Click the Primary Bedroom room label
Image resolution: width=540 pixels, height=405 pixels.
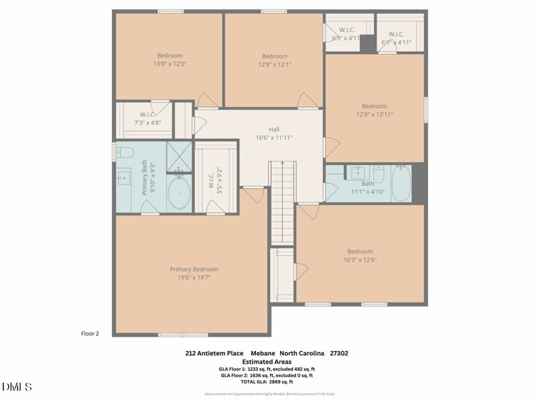194,273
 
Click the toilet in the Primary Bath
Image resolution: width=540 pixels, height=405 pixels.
124,153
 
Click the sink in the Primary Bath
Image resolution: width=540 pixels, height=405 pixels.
124,178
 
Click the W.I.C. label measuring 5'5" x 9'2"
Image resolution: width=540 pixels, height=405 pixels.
215,179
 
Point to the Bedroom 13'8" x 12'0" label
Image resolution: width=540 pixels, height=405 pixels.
170,59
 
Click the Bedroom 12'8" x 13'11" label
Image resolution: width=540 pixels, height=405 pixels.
375,110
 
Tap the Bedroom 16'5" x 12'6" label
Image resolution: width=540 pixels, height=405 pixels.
360,256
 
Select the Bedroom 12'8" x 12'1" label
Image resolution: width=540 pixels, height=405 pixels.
275,60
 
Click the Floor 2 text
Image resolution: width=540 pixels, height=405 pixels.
90,333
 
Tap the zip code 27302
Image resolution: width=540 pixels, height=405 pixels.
339,353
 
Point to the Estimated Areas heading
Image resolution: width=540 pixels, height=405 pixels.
267,361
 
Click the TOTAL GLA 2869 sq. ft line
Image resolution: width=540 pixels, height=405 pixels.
267,382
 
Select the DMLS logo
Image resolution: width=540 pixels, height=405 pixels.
17,387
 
